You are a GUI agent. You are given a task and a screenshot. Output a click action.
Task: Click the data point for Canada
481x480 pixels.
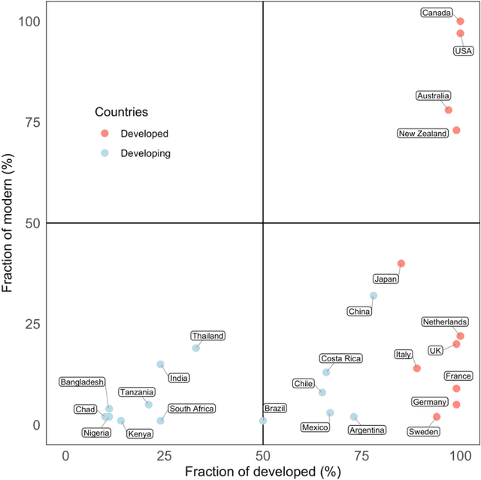click(x=460, y=21)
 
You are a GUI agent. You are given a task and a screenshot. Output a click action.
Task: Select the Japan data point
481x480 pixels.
click(x=401, y=263)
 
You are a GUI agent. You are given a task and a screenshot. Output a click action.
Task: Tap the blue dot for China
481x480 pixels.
click(x=374, y=295)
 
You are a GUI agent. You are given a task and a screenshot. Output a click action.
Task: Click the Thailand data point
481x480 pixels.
click(x=196, y=348)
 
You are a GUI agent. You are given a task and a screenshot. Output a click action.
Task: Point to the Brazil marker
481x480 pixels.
click(x=263, y=421)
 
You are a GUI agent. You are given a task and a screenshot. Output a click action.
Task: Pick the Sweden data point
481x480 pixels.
click(x=437, y=416)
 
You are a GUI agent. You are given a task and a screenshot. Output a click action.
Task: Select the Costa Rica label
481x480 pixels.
click(x=340, y=359)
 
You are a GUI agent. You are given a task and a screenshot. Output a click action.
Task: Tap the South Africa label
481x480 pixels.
click(x=192, y=409)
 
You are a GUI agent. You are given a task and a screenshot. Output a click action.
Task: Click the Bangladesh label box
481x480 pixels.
click(x=82, y=382)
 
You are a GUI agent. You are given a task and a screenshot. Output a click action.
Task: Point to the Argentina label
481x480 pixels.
click(x=368, y=430)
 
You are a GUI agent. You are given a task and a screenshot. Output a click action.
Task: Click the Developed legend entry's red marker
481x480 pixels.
click(x=105, y=133)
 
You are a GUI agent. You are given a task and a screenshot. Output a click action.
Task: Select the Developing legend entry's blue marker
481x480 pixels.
click(x=105, y=152)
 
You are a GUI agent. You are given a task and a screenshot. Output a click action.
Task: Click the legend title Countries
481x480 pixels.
click(x=120, y=112)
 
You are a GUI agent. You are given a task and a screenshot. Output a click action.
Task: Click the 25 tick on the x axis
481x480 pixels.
click(x=165, y=455)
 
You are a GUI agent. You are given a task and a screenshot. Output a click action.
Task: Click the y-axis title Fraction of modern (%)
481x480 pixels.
click(x=10, y=223)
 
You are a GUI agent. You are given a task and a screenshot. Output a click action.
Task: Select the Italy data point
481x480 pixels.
click(x=416, y=368)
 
